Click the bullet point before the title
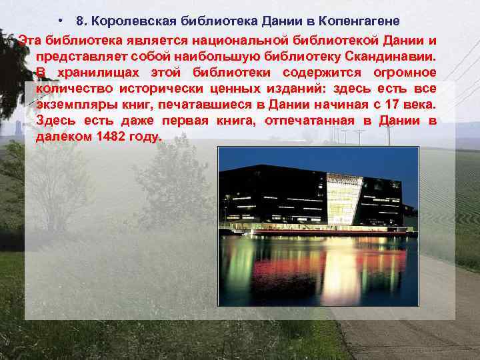(61, 20)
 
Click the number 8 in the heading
(81, 20)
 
